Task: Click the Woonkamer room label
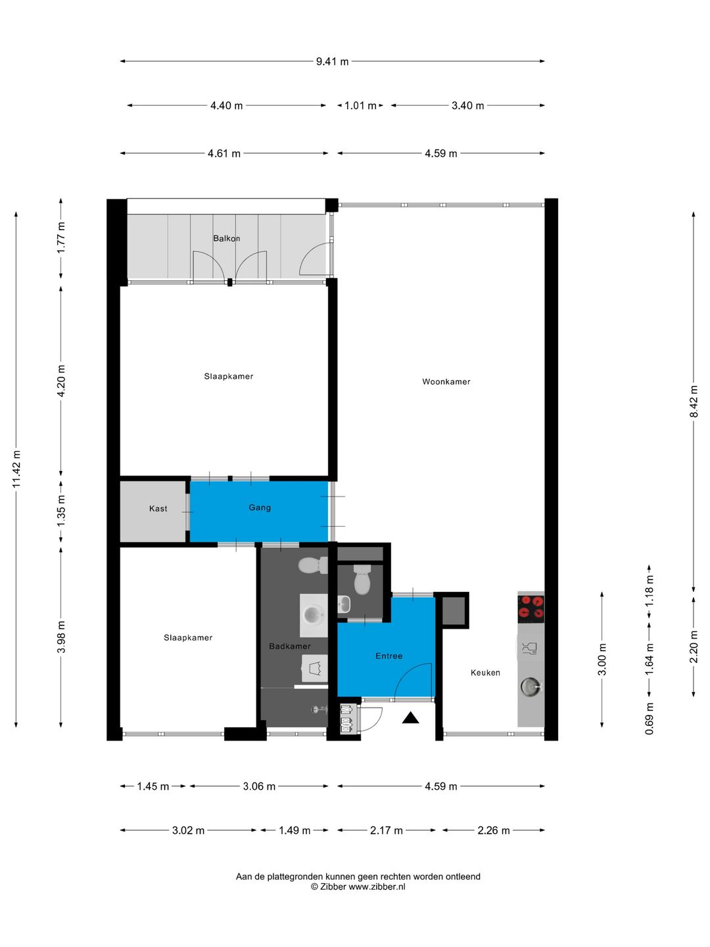point(446,381)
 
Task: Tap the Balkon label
point(226,238)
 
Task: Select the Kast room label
point(158,508)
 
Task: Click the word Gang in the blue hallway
point(260,507)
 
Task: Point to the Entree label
point(389,656)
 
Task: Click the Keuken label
point(485,672)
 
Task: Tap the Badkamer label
point(290,646)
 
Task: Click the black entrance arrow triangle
point(410,717)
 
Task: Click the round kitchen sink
point(531,685)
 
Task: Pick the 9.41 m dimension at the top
point(333,61)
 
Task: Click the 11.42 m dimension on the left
point(16,469)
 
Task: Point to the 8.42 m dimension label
point(694,402)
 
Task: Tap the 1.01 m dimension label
point(360,105)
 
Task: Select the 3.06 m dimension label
point(259,786)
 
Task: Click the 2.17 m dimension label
point(387,830)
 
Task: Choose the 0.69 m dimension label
point(650,718)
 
